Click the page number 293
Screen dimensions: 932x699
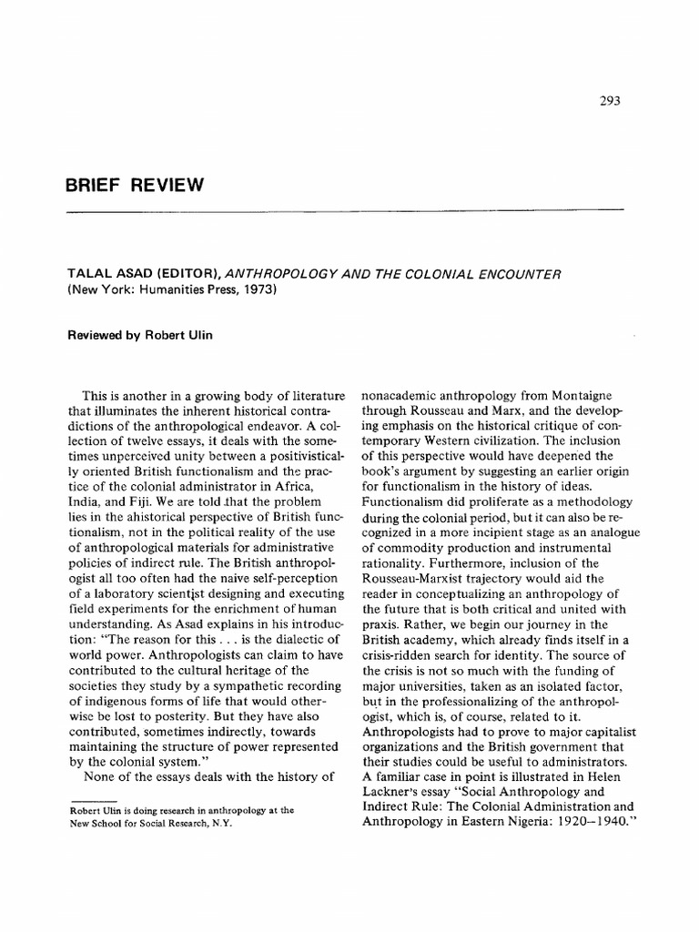609,102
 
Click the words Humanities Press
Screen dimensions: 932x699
168,291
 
